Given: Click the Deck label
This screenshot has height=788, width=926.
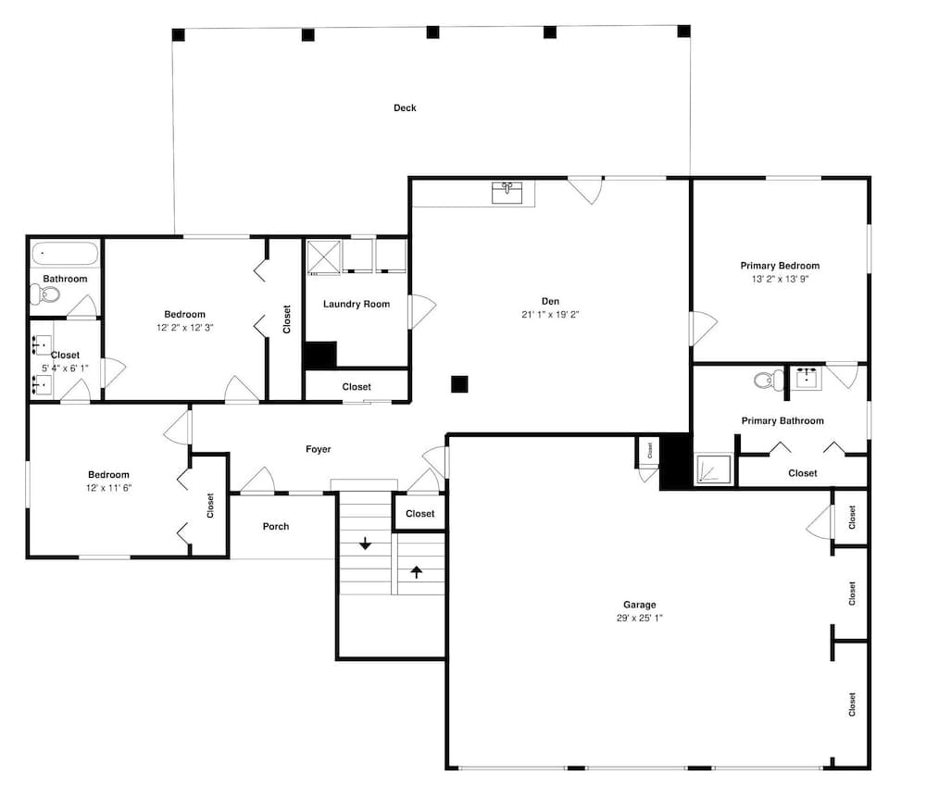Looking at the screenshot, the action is point(405,107).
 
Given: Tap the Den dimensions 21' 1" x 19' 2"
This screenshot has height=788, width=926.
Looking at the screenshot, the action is point(550,314).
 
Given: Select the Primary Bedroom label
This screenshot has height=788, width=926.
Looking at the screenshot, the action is point(780,265).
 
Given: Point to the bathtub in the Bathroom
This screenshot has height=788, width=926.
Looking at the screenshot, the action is point(65,254).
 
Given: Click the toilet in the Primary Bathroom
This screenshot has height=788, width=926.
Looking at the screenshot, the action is point(769,380).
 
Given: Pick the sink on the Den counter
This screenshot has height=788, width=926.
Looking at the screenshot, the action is point(507,193).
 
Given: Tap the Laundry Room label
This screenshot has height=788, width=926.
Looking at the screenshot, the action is point(357,305).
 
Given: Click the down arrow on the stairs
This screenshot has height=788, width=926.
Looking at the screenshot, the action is point(365,543).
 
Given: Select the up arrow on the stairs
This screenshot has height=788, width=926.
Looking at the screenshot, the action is point(417,571).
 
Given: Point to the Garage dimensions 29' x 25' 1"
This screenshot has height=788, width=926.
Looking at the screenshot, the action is point(639,618).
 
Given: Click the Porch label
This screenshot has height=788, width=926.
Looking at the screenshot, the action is point(276,526).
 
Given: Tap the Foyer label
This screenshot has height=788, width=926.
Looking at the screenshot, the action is point(318,449).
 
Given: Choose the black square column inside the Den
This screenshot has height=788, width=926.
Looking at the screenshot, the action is point(459,384).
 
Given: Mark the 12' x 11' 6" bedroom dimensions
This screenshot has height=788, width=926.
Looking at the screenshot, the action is point(108,487).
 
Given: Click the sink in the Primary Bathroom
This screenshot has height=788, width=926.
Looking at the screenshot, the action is point(807,378).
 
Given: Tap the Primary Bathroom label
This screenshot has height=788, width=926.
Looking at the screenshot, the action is point(782,420).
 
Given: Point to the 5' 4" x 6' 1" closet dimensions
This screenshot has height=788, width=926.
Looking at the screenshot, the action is point(65,368).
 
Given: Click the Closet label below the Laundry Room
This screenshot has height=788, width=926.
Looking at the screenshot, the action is point(357,387).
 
